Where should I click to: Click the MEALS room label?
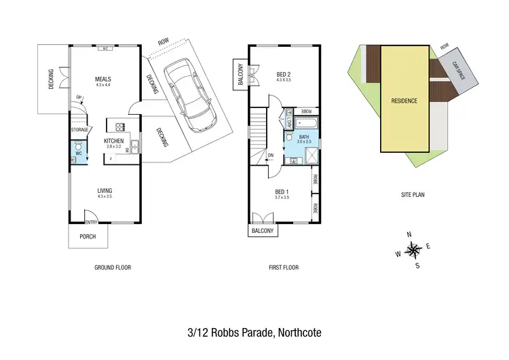tap(103, 78)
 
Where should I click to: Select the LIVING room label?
tap(105, 190)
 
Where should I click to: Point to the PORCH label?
tap(88, 236)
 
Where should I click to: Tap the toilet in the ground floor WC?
tap(77, 146)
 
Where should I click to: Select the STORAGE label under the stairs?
tap(80, 130)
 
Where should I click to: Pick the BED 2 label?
tap(284, 74)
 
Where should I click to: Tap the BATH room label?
tap(303, 136)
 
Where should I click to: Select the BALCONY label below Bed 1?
tap(262, 231)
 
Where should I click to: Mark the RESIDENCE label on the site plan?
tap(404, 101)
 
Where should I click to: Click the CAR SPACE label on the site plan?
tap(459, 69)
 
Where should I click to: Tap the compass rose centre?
tap(413, 250)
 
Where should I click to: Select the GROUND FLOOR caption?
tap(112, 268)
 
